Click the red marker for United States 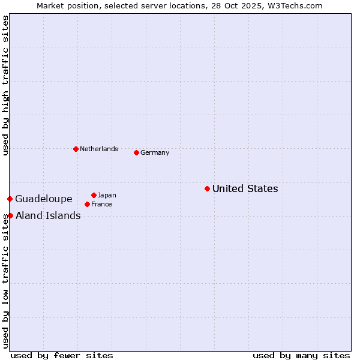(x=207, y=188)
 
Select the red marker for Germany (x=136, y=152)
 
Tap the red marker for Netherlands (x=76, y=149)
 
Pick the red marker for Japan (x=94, y=195)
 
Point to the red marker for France (x=87, y=204)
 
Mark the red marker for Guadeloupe (x=10, y=199)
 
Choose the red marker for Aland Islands (x=10, y=215)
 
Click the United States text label (x=245, y=188)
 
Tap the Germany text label (x=155, y=152)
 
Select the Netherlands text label (x=99, y=149)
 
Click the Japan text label (x=107, y=195)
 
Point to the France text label (x=101, y=204)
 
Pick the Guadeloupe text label (x=44, y=199)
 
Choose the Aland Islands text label (x=48, y=215)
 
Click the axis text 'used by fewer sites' (x=62, y=355)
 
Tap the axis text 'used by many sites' (x=301, y=355)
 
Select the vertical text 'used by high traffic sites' (x=5, y=86)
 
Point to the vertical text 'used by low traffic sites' (x=5, y=281)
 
